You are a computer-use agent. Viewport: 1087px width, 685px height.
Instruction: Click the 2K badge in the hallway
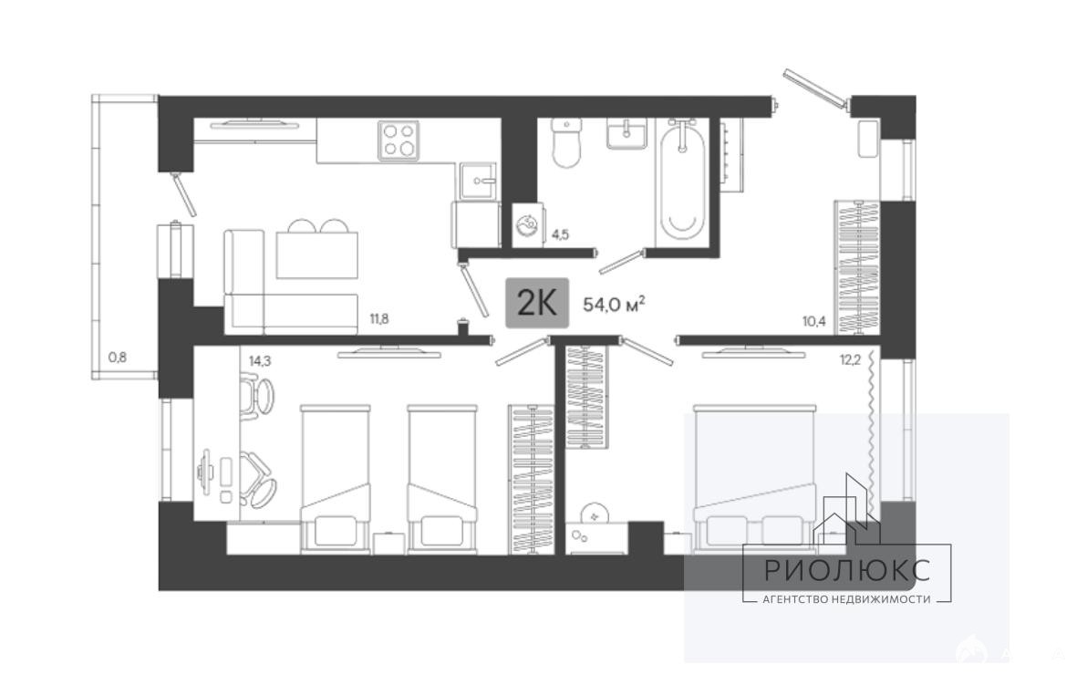coord(537,303)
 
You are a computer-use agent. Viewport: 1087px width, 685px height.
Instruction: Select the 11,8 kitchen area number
coord(379,319)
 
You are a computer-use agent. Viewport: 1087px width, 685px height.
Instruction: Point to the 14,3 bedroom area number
coord(259,360)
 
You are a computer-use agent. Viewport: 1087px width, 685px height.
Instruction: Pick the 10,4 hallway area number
coord(813,321)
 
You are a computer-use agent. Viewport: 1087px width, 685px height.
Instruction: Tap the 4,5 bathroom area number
coord(560,234)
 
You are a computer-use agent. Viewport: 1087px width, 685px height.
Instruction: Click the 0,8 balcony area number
coord(118,358)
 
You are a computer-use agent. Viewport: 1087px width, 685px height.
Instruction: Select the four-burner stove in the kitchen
coord(399,140)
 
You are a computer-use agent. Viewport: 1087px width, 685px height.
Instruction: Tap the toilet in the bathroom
coord(567,143)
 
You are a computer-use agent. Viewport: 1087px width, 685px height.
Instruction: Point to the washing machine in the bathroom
coord(529,224)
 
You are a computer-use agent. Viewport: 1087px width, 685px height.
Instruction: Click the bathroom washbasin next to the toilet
coord(627,133)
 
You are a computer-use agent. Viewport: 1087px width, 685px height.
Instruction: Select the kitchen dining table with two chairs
coord(316,250)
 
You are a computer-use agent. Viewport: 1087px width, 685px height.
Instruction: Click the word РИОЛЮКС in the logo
coord(847,570)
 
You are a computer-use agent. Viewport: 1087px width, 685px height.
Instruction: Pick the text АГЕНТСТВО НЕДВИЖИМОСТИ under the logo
coord(846,599)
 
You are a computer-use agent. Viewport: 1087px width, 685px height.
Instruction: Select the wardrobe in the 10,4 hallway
coord(857,267)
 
